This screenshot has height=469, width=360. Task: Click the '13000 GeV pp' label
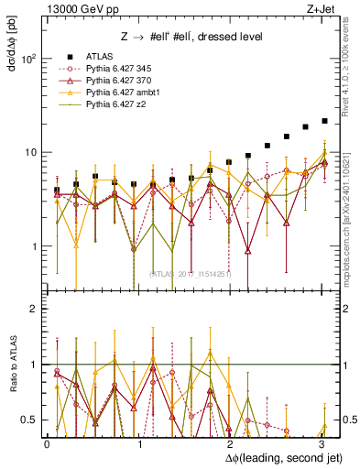coord(75,9)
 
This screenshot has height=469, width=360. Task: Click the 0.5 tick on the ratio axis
coord(29,420)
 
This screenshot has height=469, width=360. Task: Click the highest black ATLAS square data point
coord(324,120)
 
